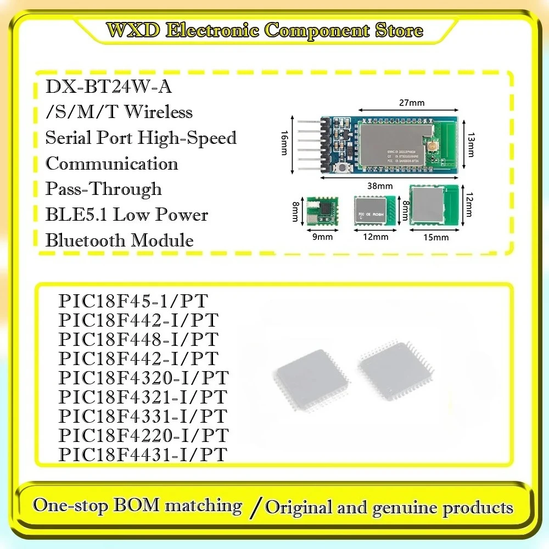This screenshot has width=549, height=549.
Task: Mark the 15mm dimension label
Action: [436, 237]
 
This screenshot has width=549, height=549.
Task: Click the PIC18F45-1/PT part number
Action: [133, 301]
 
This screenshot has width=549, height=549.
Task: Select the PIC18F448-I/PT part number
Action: [138, 339]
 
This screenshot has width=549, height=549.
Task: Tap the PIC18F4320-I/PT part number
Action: [143, 378]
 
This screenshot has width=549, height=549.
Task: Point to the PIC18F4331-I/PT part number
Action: [143, 416]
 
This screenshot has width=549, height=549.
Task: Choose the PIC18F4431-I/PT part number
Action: [143, 455]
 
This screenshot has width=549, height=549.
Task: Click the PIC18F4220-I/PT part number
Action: [143, 435]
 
